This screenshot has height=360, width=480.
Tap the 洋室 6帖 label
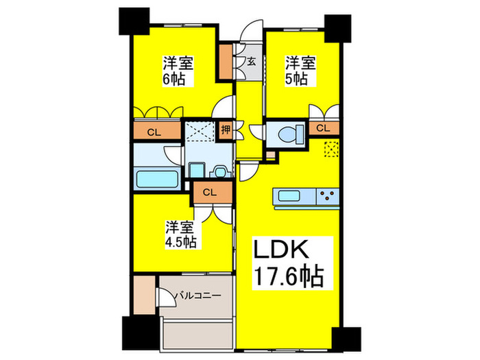(178, 71)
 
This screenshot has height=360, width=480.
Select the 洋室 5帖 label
(300, 71)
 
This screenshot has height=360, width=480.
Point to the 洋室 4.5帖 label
(180, 235)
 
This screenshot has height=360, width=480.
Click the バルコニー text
(197, 296)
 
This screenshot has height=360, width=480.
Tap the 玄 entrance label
(252, 62)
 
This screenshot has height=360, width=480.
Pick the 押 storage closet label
(226, 130)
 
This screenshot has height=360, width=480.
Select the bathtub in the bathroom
(157, 179)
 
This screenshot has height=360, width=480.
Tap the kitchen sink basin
(289, 195)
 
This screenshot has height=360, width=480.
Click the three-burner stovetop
(328, 196)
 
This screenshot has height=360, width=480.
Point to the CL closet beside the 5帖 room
(324, 128)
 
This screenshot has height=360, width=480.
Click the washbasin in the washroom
(220, 171)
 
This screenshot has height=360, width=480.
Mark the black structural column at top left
(134, 21)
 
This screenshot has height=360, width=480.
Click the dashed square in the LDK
(331, 149)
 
